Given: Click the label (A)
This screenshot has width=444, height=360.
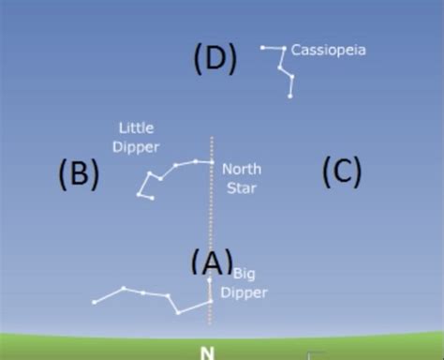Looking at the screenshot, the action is click(x=211, y=262).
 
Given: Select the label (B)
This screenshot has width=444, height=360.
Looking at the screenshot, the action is click(x=79, y=174).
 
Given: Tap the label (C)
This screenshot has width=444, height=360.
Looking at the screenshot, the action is click(x=342, y=172).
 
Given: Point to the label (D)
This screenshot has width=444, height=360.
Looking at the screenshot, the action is click(x=215, y=58).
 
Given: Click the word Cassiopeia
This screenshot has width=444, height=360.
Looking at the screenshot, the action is click(x=328, y=50).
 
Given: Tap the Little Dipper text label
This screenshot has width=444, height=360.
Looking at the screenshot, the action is click(x=136, y=137).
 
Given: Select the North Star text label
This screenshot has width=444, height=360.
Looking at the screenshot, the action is click(x=241, y=178).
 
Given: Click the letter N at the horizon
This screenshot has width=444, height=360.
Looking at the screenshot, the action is click(x=208, y=352).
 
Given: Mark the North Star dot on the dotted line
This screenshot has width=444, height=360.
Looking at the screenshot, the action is click(x=212, y=162).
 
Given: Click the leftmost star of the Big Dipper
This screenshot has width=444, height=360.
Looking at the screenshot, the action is click(x=94, y=302).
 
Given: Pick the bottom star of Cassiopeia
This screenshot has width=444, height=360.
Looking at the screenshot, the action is click(x=291, y=96).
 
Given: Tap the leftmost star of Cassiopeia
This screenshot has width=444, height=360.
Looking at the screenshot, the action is click(x=262, y=47).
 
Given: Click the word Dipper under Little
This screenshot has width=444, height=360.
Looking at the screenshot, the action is click(x=136, y=146).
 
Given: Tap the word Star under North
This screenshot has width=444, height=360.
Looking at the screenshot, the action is click(x=241, y=188).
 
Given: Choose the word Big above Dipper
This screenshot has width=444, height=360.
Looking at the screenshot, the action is click(x=244, y=274).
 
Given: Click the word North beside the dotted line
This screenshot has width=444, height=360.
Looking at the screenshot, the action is click(x=241, y=169).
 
